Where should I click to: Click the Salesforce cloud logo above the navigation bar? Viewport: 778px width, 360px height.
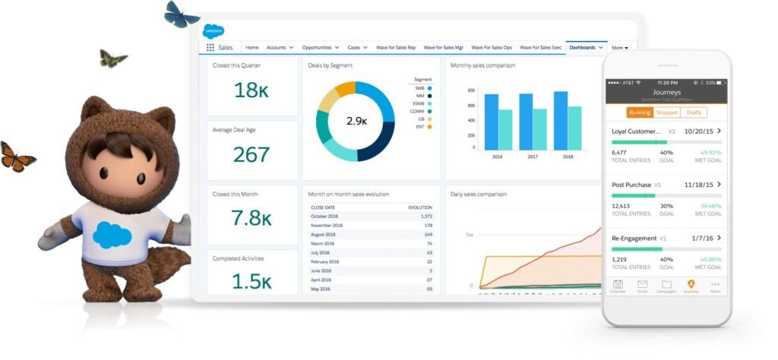[x=213, y=32]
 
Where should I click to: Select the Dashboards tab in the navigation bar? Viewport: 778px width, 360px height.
[x=583, y=48]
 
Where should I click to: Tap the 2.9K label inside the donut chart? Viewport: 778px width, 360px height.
[x=356, y=121]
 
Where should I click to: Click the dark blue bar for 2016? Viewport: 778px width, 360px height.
[x=492, y=122]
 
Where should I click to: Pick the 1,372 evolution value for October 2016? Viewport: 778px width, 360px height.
[x=425, y=216]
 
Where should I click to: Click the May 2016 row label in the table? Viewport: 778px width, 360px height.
[x=321, y=289]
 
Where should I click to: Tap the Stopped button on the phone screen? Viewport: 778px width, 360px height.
[x=666, y=112]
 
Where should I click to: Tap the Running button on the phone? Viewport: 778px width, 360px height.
[x=640, y=112]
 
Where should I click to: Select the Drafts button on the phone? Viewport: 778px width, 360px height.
[x=694, y=112]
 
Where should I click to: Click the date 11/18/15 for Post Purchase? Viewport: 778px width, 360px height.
[x=698, y=185]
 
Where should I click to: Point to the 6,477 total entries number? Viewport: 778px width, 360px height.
[x=620, y=152]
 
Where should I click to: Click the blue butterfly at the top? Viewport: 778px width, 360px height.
[x=182, y=14]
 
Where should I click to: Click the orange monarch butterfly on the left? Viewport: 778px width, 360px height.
[x=17, y=156]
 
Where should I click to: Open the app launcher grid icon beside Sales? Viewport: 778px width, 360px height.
[x=210, y=48]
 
